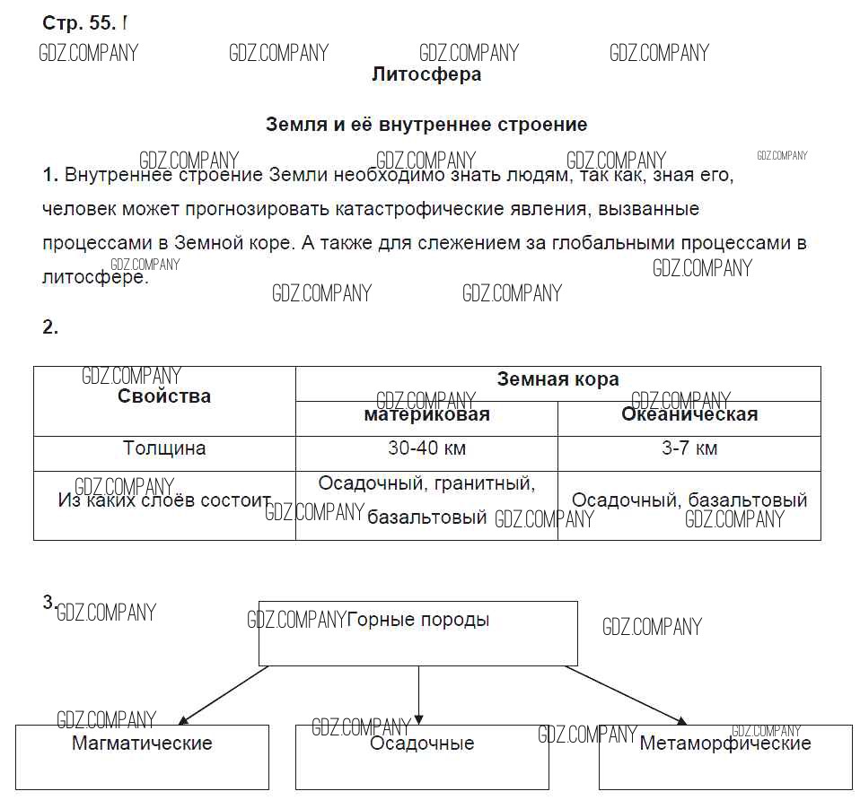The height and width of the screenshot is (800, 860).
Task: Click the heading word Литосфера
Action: (x=426, y=74)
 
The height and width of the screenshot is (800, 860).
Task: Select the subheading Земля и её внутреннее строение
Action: (x=426, y=125)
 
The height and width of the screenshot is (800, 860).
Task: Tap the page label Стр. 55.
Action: (x=79, y=22)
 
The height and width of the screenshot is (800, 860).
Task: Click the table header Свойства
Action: (x=164, y=396)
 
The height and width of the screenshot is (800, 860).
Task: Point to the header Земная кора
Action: (x=557, y=379)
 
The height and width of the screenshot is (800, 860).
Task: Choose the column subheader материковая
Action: (x=426, y=414)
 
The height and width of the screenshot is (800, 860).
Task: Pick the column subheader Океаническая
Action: (x=689, y=414)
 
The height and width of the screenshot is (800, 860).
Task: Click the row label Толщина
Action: (x=164, y=448)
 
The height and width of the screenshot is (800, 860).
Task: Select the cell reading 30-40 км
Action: (x=426, y=448)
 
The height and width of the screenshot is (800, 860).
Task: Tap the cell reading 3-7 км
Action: (x=689, y=448)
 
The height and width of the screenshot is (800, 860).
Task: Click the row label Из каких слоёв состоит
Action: (x=164, y=500)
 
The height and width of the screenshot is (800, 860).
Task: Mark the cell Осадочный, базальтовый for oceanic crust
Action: (x=689, y=500)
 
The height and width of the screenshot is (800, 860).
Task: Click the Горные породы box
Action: (x=418, y=632)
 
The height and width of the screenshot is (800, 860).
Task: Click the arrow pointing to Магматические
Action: (x=224, y=694)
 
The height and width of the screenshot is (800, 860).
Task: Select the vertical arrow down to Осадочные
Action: (x=418, y=694)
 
